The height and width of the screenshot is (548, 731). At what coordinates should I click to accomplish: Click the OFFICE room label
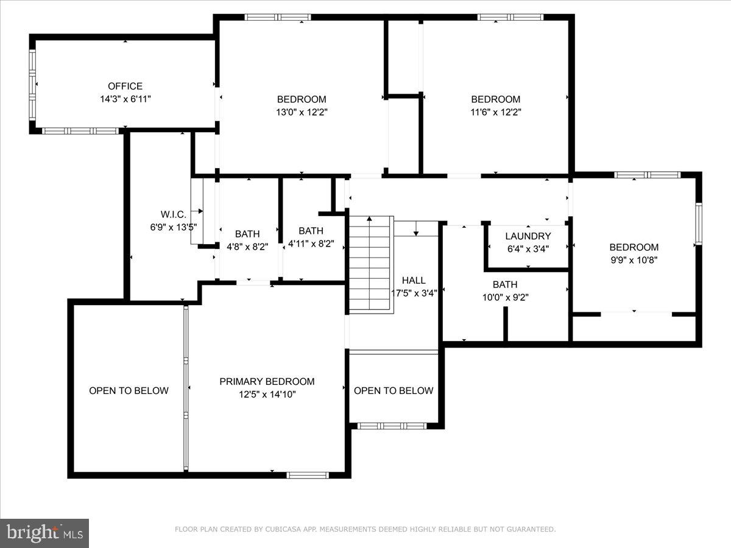125,86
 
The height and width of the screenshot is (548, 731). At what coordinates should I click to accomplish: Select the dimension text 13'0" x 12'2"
301,112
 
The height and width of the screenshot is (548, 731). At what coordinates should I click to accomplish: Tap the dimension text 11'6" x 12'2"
495,112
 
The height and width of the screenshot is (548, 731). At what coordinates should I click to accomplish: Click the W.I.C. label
173,214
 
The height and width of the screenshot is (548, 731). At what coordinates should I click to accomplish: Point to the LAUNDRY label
528,236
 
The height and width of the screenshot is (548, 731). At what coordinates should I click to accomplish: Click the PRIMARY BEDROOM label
267,382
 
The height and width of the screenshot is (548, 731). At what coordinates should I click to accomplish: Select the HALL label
414,281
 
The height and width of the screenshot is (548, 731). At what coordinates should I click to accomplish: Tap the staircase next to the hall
370,265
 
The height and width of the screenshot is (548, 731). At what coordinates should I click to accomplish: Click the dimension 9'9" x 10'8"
634,259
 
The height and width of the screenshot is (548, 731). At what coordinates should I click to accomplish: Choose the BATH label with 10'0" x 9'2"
505,284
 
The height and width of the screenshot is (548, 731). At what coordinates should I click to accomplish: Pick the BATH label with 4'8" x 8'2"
247,234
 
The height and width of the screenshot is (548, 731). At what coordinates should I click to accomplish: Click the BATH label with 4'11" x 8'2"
311,231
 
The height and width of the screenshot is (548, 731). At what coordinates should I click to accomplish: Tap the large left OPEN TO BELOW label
129,390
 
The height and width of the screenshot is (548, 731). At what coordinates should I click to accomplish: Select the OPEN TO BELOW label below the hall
394,390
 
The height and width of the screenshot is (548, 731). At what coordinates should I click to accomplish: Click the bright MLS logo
44,533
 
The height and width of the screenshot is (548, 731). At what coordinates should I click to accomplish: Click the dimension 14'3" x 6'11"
125,99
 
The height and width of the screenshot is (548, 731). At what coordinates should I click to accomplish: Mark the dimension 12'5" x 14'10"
267,395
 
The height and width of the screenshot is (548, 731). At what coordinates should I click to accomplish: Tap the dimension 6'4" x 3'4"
528,248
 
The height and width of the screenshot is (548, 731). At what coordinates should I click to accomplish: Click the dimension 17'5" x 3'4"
414,293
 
